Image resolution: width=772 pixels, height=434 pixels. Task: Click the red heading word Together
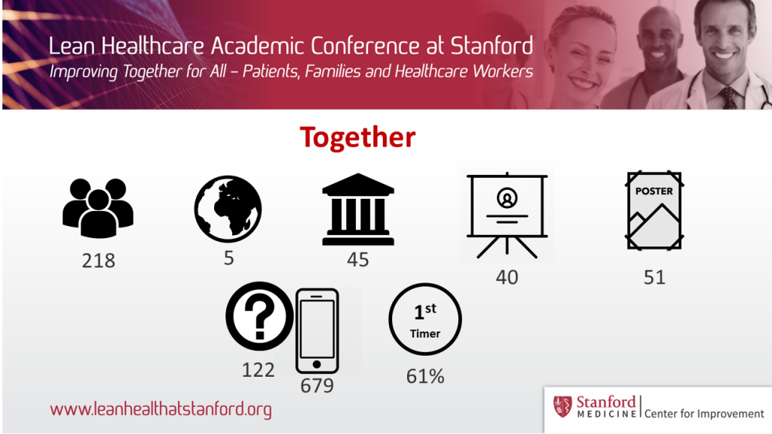(x=357, y=137)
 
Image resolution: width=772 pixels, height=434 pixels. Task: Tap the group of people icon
(x=98, y=208)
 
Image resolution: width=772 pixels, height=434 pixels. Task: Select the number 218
(x=99, y=261)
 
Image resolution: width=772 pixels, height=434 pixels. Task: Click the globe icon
(x=228, y=209)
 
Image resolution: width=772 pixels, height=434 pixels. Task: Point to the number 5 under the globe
(x=229, y=258)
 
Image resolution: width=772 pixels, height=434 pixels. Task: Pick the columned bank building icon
(x=358, y=209)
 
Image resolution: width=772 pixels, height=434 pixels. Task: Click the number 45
(x=358, y=260)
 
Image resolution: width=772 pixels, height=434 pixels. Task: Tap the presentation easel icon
(x=507, y=215)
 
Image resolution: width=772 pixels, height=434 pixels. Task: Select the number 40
(x=507, y=277)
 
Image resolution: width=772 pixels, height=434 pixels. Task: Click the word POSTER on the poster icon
(x=654, y=191)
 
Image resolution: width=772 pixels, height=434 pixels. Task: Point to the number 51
(x=654, y=277)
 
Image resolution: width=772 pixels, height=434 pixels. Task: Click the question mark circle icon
(x=259, y=316)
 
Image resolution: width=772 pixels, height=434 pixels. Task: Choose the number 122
(x=258, y=370)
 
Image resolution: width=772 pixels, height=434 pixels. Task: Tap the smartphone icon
(x=317, y=331)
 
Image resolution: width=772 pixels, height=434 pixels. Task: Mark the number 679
(x=317, y=386)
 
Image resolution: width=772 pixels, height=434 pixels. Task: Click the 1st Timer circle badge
(x=425, y=319)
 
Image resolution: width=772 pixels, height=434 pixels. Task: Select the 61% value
(x=425, y=377)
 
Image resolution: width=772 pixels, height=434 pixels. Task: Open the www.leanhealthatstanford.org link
(x=161, y=409)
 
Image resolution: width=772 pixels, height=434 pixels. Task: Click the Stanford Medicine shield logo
(x=562, y=406)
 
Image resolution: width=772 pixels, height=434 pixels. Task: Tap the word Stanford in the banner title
(x=492, y=46)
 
